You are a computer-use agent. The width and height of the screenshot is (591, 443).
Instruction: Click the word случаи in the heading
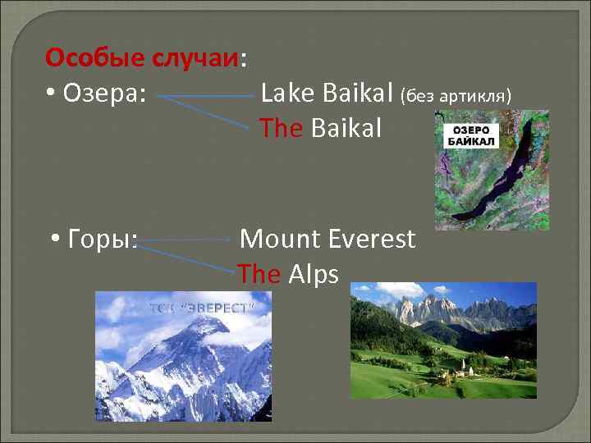click(x=197, y=59)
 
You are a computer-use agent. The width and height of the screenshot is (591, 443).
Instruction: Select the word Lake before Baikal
click(x=287, y=94)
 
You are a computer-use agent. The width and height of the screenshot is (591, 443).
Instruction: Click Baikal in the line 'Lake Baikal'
click(x=358, y=94)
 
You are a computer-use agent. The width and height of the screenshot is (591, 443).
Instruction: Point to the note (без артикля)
click(x=456, y=97)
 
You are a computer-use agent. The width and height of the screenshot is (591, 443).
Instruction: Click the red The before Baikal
click(x=281, y=128)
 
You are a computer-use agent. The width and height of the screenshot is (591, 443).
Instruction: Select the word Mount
click(x=279, y=240)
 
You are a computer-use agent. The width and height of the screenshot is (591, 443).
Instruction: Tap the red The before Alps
click(x=259, y=274)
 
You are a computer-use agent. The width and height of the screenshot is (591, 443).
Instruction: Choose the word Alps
click(x=314, y=274)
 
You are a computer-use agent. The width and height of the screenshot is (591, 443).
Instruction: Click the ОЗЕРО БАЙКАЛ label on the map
click(x=471, y=136)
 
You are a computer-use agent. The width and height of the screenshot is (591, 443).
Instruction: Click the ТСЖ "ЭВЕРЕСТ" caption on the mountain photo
click(x=202, y=308)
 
